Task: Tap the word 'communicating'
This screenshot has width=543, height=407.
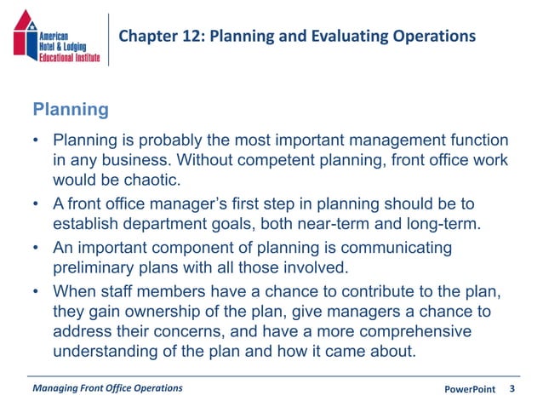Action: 398,247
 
